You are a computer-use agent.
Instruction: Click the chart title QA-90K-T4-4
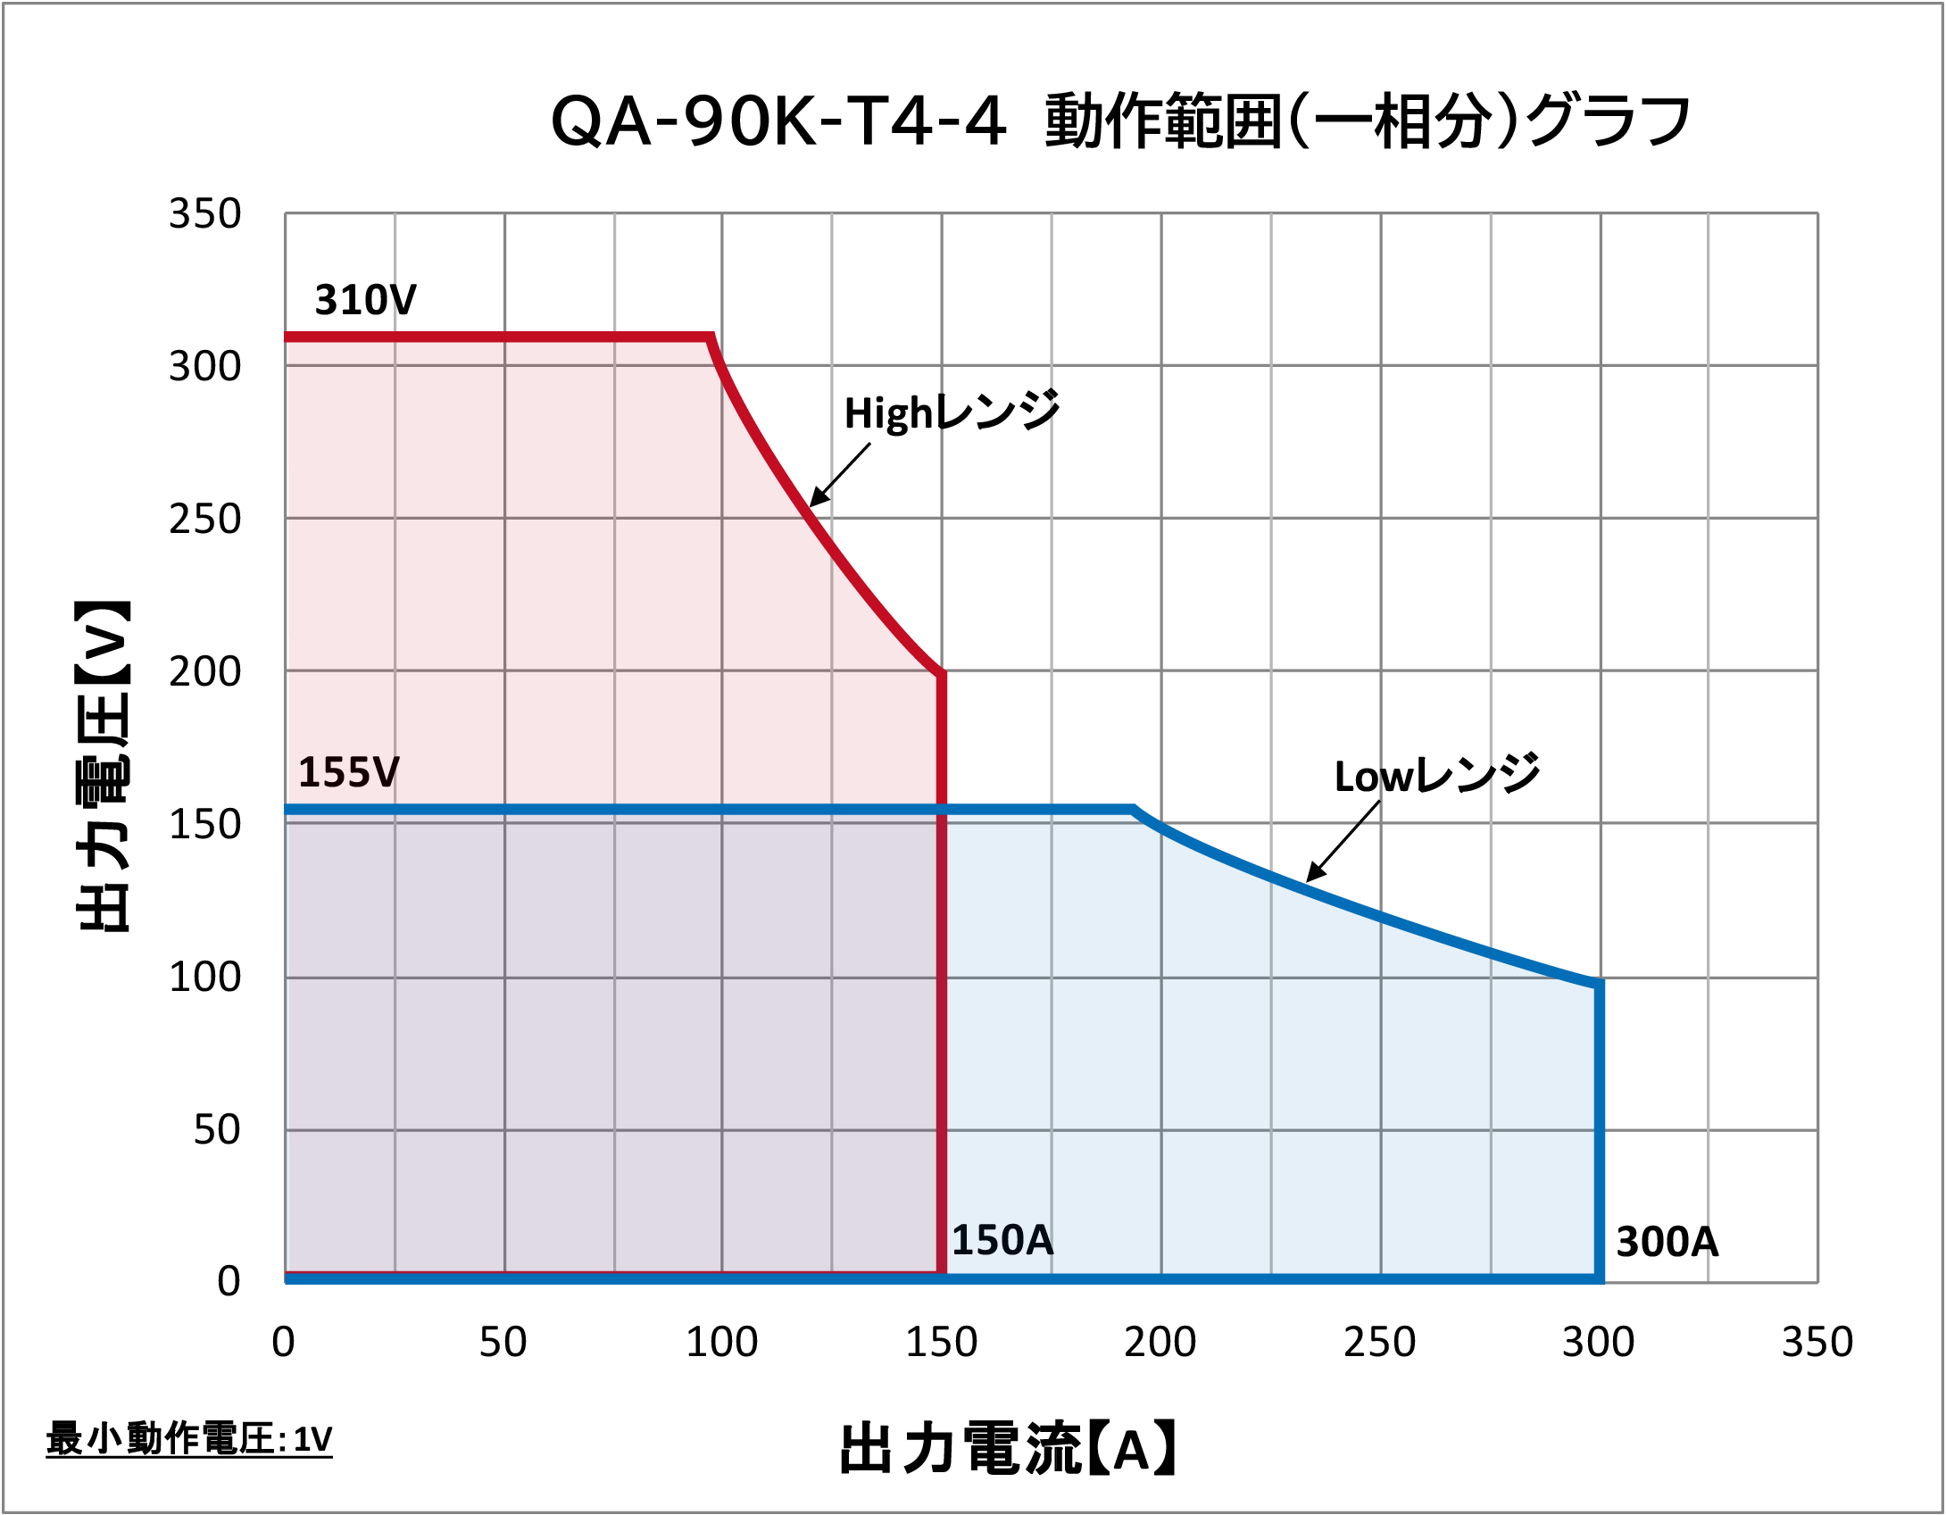point(1120,121)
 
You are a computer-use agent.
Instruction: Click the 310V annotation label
point(365,300)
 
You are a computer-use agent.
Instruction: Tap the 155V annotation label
point(348,772)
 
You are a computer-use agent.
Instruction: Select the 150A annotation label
point(1002,1240)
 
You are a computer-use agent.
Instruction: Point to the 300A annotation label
point(1667,1242)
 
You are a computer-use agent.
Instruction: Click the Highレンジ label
point(952,412)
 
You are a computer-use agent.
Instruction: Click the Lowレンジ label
point(1436,775)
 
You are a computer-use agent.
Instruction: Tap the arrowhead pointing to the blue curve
point(1312,876)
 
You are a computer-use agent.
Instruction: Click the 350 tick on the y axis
point(204,214)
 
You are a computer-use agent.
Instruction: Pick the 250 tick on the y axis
point(204,519)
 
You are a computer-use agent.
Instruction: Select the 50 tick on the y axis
point(216,1130)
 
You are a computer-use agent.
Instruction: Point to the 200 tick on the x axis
point(1160,1342)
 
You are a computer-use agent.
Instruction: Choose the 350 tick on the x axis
point(1817,1342)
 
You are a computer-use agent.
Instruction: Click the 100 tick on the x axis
point(721,1342)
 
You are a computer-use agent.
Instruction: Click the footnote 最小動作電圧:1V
point(188,1439)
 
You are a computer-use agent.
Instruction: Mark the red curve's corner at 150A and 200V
point(941,674)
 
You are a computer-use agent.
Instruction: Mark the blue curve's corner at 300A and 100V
point(1599,983)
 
